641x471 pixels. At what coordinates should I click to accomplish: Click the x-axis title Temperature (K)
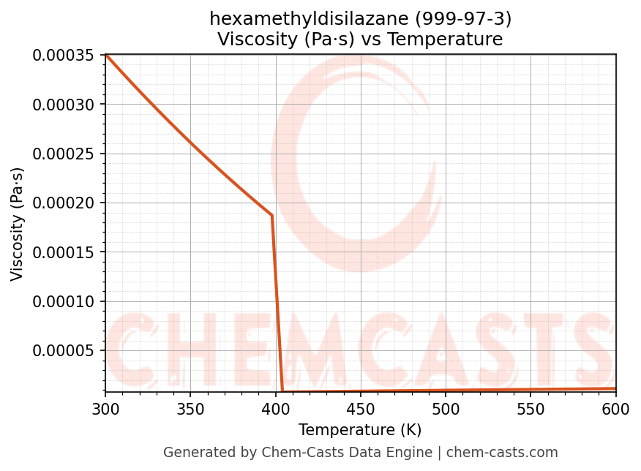(x=360, y=430)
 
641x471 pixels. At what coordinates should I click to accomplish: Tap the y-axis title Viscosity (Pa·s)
(x=18, y=224)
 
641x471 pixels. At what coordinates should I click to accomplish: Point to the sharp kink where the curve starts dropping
(x=271, y=216)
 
